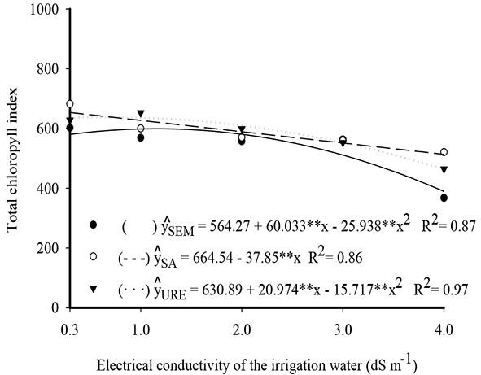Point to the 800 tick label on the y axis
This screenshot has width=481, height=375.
46,69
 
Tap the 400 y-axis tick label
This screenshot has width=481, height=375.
46,189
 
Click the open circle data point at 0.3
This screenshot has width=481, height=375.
70,104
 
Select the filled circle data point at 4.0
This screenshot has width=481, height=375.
444,198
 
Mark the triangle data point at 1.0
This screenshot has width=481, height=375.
141,114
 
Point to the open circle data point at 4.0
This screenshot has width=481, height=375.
444,152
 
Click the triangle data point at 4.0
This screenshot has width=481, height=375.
444,169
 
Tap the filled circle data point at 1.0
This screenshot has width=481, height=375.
141,137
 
